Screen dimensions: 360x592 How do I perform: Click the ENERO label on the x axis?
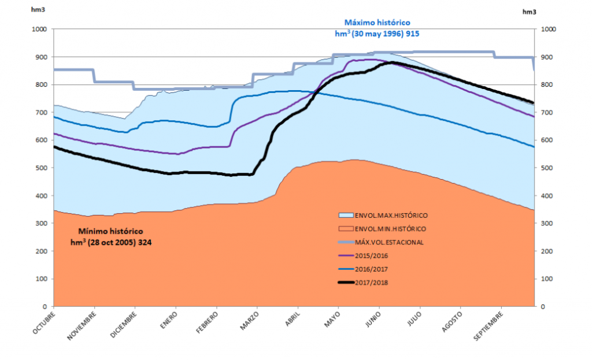point(168,320)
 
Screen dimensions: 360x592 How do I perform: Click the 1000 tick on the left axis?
point(39,29)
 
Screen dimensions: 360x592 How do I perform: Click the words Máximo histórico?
point(377,22)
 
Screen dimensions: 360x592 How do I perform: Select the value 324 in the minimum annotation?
point(146,242)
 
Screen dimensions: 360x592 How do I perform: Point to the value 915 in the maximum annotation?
point(412,34)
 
